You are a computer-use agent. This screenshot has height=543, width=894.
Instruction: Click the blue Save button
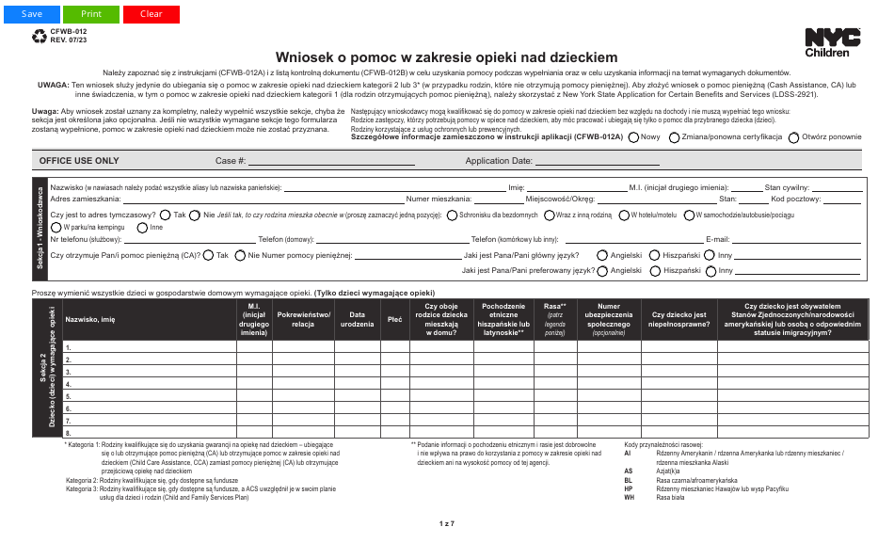[32, 14]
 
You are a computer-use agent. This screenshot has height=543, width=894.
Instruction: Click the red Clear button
[151, 14]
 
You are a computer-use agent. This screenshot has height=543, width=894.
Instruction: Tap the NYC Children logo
[832, 42]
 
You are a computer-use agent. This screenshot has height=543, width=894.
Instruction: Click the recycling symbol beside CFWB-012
[40, 36]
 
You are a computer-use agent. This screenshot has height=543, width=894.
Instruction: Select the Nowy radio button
[633, 137]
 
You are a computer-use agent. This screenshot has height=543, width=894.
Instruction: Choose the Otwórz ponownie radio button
[794, 137]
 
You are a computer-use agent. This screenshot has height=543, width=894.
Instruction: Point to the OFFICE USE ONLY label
[79, 161]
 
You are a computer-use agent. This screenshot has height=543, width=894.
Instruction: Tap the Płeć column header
[394, 320]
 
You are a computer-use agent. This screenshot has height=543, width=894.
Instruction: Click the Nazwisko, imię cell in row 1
[149, 347]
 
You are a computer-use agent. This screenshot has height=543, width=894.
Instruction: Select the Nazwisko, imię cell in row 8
[149, 433]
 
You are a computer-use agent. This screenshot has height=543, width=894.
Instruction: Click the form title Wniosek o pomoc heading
[446, 57]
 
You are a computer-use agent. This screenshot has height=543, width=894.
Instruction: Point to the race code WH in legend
[629, 497]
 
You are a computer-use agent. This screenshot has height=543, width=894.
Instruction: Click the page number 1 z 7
[446, 523]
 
